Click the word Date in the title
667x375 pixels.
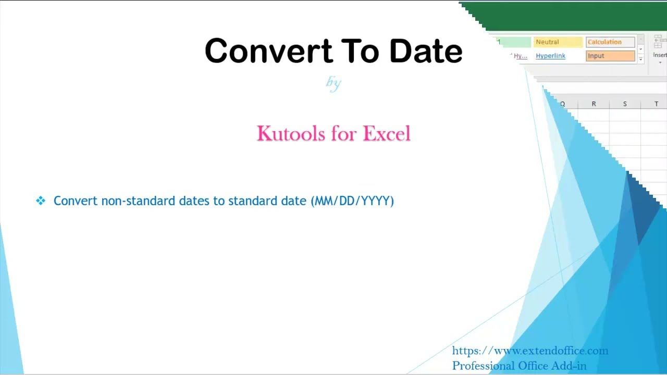click(426, 51)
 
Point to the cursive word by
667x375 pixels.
click(333, 82)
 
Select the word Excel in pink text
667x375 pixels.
click(387, 134)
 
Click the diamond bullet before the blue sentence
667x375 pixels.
click(41, 201)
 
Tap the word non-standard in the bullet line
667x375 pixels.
click(138, 201)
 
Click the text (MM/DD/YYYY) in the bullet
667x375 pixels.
click(352, 201)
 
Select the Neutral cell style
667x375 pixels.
click(547, 42)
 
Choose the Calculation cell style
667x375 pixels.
click(604, 42)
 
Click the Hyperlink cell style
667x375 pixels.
click(550, 56)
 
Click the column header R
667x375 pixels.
click(594, 104)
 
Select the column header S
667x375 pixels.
click(625, 104)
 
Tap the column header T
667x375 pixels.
click(656, 104)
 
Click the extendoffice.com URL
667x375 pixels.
click(530, 351)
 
